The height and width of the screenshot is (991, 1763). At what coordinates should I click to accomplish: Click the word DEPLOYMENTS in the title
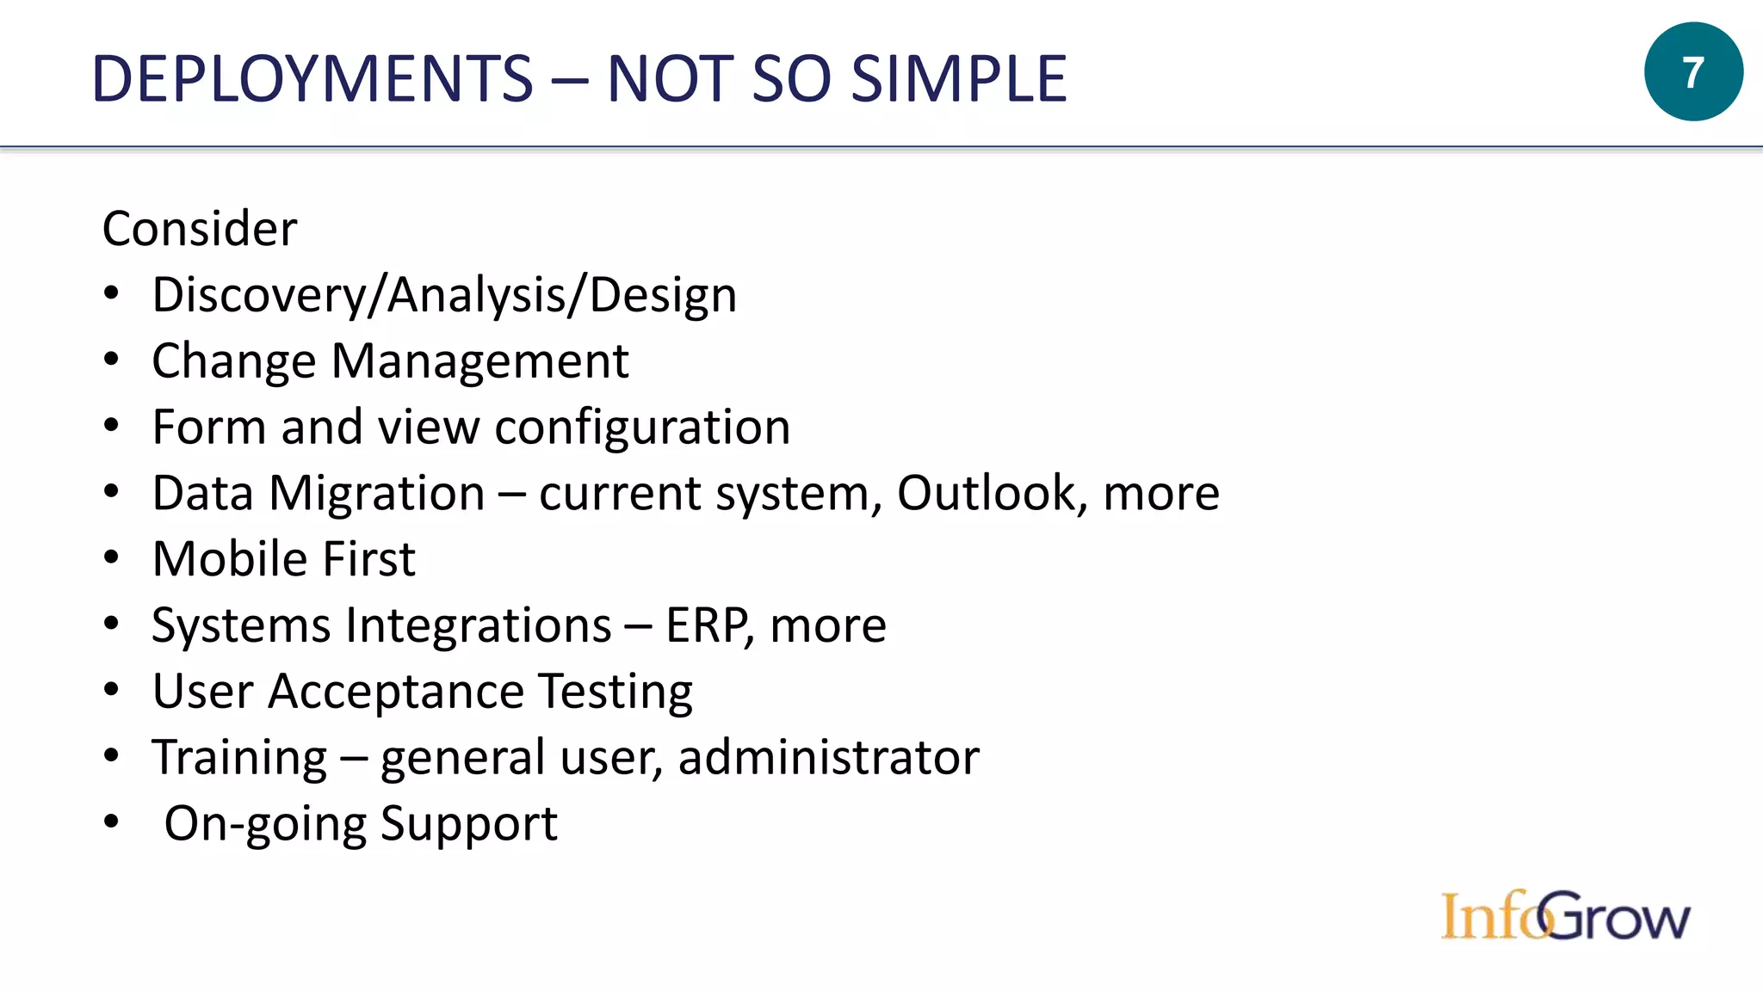click(312, 79)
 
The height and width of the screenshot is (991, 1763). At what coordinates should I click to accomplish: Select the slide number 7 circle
click(1692, 72)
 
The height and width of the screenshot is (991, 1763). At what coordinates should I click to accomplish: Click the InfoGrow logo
click(1565, 916)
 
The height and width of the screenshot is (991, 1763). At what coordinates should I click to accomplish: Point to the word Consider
click(200, 229)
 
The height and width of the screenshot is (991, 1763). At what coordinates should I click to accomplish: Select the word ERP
click(705, 625)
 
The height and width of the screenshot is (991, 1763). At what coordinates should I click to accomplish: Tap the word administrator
click(828, 758)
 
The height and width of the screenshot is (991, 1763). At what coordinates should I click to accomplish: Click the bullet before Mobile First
click(111, 558)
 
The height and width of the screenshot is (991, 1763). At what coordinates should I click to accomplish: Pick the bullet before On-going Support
click(111, 822)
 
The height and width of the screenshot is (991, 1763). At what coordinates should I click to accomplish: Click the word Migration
click(377, 495)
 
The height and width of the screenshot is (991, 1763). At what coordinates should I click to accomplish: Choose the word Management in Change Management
click(480, 361)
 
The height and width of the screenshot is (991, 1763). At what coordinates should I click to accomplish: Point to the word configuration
click(642, 428)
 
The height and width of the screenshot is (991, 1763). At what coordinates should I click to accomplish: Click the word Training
click(239, 759)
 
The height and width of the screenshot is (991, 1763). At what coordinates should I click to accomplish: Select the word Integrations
click(480, 626)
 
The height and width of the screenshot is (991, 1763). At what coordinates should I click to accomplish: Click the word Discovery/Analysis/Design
click(444, 296)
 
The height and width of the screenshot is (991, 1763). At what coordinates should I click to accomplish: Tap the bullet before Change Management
click(111, 360)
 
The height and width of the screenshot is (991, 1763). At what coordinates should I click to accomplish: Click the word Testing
click(616, 692)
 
